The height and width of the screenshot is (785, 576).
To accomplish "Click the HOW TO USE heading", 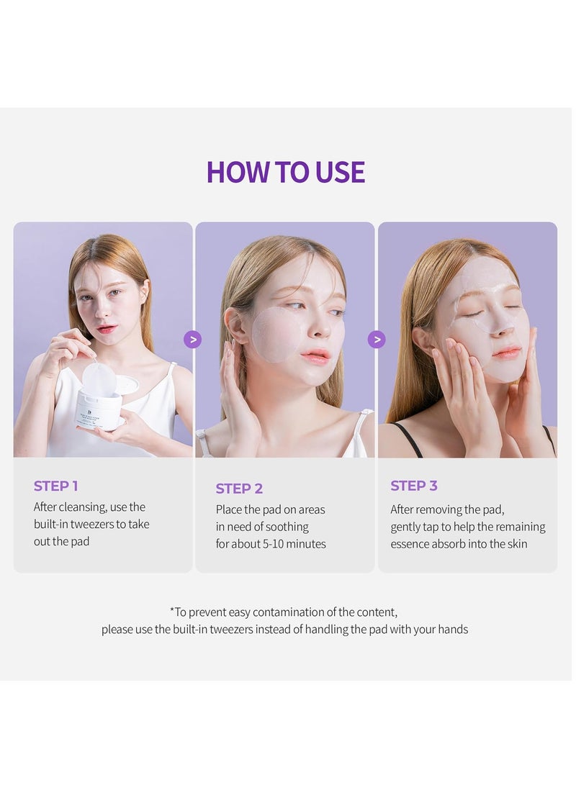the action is tap(286, 172).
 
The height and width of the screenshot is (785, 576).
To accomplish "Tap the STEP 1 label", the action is tap(55, 486).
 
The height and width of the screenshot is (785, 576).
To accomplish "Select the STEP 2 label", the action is tap(239, 488).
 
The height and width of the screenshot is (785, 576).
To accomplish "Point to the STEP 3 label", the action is tap(414, 486).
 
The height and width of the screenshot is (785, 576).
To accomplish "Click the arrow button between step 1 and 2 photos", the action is tap(192, 340).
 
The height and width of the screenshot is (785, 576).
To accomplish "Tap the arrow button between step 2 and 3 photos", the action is tap(377, 340).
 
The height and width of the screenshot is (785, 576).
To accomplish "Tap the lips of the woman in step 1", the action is tap(107, 329).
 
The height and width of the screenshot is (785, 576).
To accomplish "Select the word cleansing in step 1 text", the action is tap(82, 507).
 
